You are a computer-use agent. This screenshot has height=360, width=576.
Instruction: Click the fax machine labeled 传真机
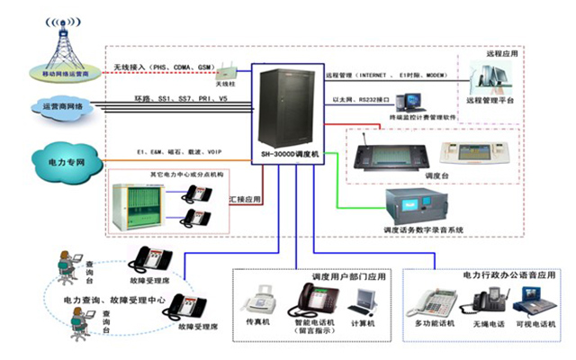[x=262, y=296]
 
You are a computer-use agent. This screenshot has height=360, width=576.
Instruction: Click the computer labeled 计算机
[x=364, y=300]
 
